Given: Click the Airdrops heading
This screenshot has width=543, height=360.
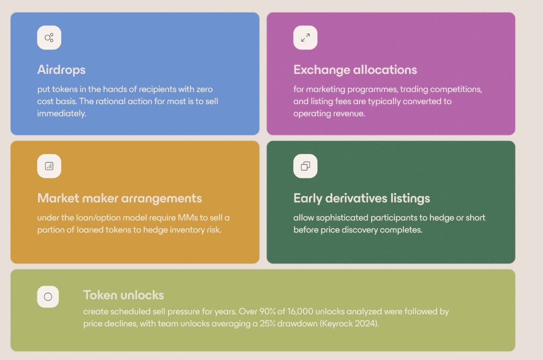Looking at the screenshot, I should click(x=61, y=70).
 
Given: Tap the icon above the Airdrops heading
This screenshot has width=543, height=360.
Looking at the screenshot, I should click(x=49, y=38).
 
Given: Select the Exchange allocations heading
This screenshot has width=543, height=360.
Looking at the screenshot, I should click(x=355, y=70).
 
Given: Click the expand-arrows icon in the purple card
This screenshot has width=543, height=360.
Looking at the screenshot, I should click(x=305, y=38).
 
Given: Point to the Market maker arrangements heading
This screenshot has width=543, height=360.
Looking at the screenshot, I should click(x=120, y=198).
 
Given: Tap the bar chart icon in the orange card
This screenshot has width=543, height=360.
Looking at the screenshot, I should click(x=49, y=166).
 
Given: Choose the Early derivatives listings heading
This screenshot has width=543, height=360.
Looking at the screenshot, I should click(x=361, y=198).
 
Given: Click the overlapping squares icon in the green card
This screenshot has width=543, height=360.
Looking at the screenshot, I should click(x=305, y=166).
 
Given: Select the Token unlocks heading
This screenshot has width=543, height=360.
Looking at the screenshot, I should click(x=124, y=295).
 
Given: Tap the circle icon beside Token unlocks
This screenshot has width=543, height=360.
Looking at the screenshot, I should click(x=48, y=296).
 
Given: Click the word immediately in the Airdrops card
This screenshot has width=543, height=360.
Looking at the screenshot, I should click(x=62, y=113).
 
